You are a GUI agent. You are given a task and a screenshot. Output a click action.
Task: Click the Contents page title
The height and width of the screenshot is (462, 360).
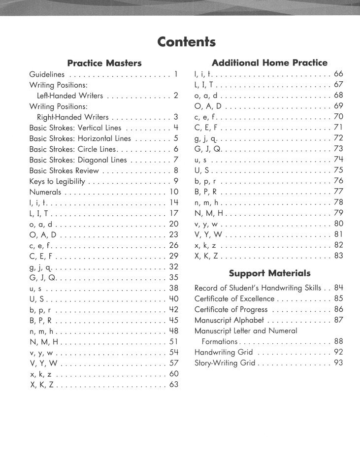coord(186,42)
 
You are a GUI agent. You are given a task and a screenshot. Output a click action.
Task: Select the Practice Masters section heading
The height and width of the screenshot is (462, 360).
coord(104,63)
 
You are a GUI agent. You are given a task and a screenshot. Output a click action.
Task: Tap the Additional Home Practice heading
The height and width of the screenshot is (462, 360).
coord(269,63)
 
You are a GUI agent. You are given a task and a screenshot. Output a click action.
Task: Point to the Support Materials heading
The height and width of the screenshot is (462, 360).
coord(269,273)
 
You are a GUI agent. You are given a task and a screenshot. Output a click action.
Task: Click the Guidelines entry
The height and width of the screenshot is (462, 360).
coord(47,75)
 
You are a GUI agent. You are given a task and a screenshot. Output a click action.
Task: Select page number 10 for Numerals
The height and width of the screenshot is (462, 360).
coord(173,192)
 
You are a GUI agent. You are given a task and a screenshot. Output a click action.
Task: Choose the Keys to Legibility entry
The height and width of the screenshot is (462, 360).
coord(57,181)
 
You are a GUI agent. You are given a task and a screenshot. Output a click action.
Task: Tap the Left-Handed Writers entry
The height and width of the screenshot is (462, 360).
coord(70,96)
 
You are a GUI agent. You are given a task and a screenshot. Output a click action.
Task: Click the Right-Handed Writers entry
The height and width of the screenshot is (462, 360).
coord(72,117)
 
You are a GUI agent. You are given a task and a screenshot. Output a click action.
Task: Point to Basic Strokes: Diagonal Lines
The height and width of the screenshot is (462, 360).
coord(78,160)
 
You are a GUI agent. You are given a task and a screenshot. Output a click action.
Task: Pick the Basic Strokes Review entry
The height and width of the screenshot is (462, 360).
coord(64,171)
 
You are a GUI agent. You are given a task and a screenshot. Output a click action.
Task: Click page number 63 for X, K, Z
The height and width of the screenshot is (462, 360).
coord(173,384)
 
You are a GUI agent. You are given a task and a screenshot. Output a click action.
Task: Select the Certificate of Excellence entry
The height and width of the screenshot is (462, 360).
coord(234,298)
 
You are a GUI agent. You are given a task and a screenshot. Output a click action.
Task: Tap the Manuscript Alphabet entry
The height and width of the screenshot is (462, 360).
coord(229,320)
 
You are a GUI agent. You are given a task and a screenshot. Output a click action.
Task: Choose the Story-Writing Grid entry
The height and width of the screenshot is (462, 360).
coord(225,363)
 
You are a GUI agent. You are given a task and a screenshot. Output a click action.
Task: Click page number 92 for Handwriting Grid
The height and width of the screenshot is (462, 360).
coord(338,352)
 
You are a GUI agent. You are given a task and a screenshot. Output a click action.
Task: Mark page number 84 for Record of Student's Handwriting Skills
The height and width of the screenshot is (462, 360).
coord(338,288)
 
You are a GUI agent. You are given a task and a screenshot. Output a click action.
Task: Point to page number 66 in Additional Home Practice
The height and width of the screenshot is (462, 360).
coord(338,74)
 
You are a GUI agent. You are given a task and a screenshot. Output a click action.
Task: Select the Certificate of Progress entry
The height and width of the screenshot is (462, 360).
coord(230,309)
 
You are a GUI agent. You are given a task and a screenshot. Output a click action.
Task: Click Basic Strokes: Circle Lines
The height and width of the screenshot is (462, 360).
coord(72,149)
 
